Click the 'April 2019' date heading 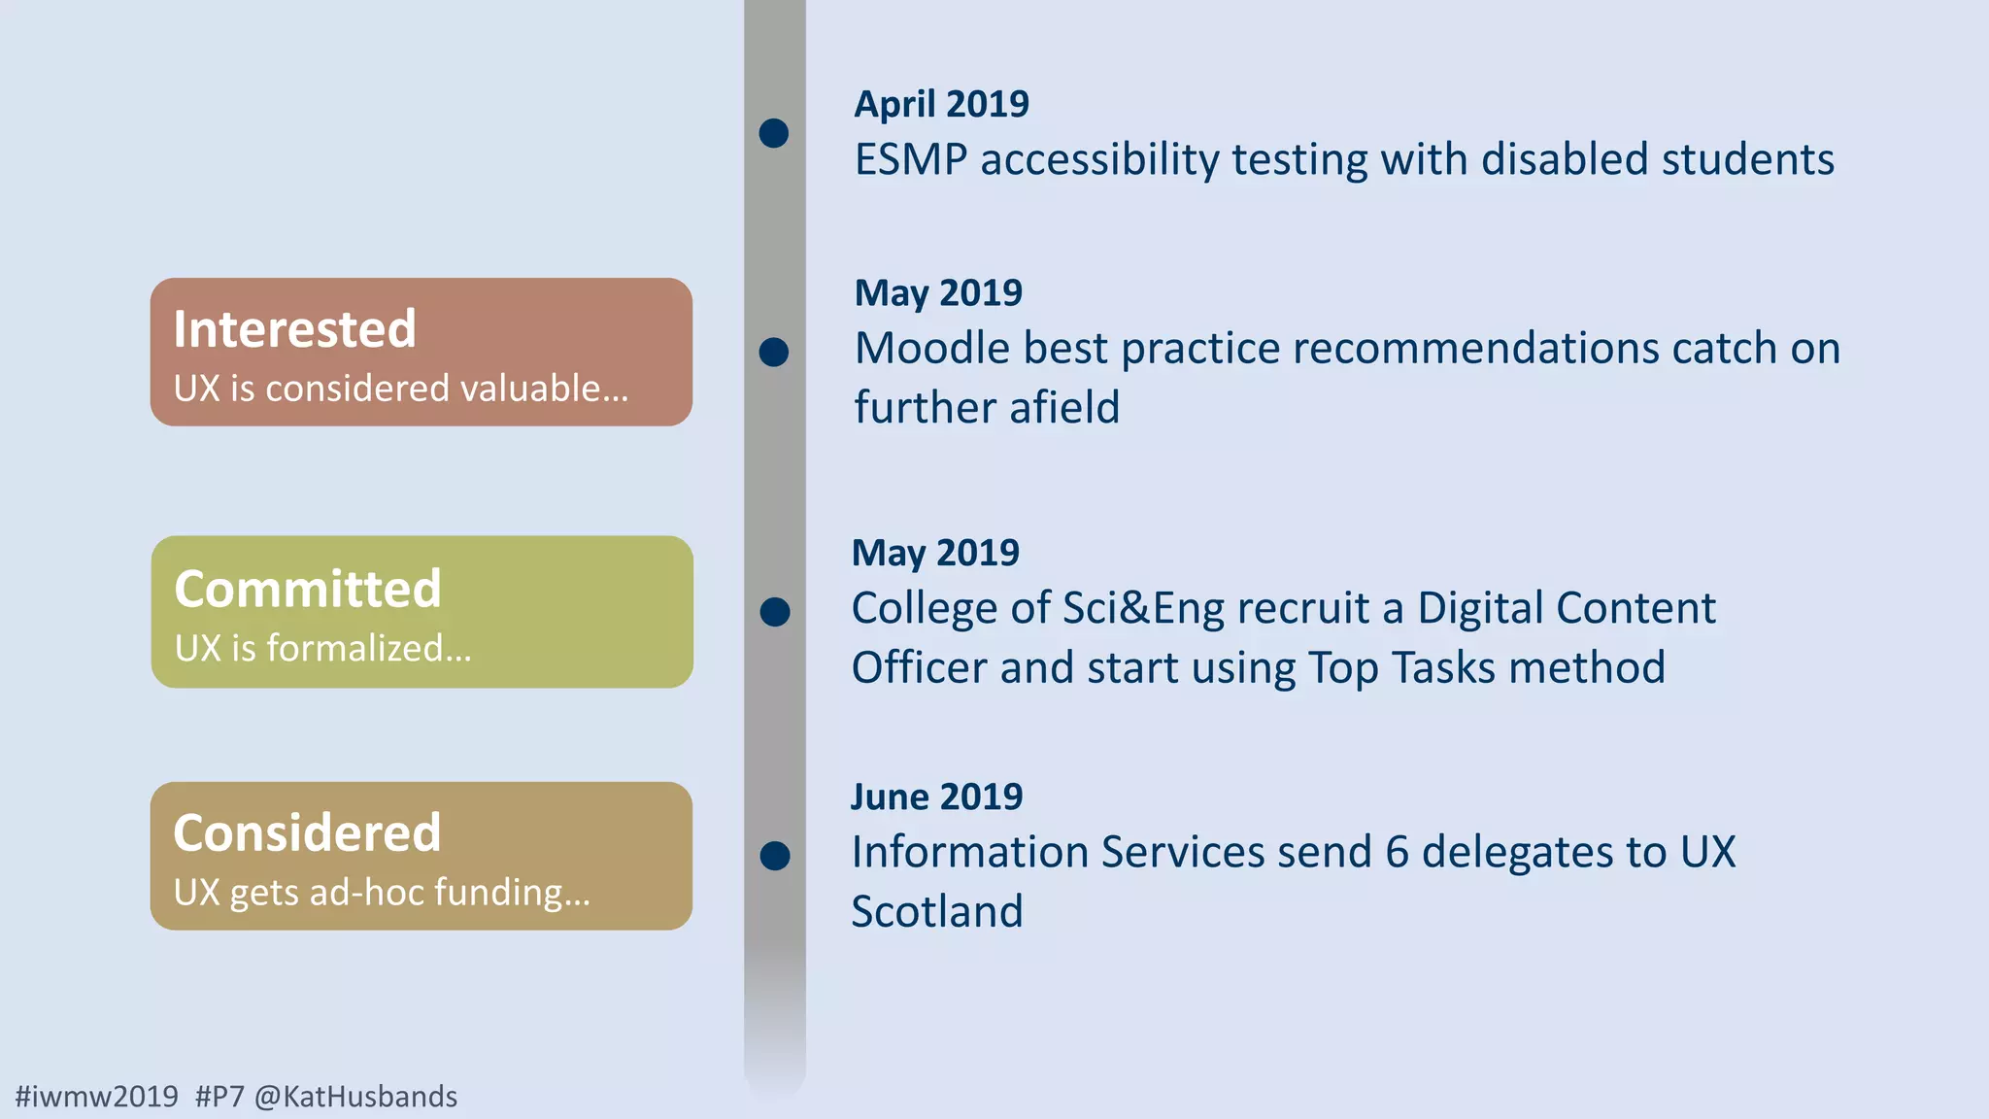[941, 104]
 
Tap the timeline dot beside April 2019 [774, 133]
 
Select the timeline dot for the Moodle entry [774, 352]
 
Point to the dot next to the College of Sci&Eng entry [775, 612]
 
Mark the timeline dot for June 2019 [775, 856]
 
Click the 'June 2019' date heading [936, 797]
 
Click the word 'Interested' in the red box [294, 328]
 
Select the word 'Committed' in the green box [307, 589]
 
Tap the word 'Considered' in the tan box [307, 832]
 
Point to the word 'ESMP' [910, 160]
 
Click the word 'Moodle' [931, 349]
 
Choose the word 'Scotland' [936, 911]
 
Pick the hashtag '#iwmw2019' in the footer [97, 1097]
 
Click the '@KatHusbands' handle [355, 1097]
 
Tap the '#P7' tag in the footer [219, 1097]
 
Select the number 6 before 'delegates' [1397, 853]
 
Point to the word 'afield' [1064, 408]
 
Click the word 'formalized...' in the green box [369, 648]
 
